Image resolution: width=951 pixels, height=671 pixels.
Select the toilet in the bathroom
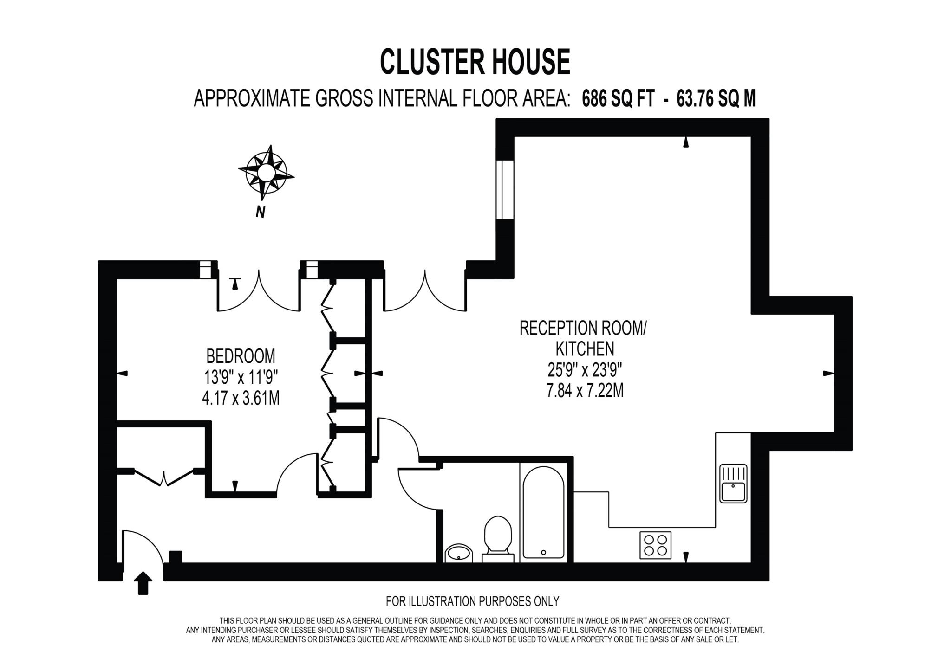[498, 538]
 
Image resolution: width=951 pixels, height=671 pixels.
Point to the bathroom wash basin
[458, 553]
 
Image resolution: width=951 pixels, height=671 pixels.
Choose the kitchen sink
[733, 483]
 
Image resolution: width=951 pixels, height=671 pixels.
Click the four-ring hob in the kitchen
[656, 545]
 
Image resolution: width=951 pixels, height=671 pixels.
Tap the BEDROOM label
[241, 356]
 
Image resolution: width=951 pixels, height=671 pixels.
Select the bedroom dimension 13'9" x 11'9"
[241, 377]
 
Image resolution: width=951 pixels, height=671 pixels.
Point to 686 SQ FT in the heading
[618, 99]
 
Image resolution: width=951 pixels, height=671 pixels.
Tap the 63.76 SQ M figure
[716, 99]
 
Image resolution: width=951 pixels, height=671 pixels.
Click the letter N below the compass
[261, 212]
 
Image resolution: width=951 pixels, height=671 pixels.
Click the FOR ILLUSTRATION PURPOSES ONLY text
[472, 601]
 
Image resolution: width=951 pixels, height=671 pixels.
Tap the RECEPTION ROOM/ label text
[583, 328]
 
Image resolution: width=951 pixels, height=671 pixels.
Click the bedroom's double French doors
[258, 292]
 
